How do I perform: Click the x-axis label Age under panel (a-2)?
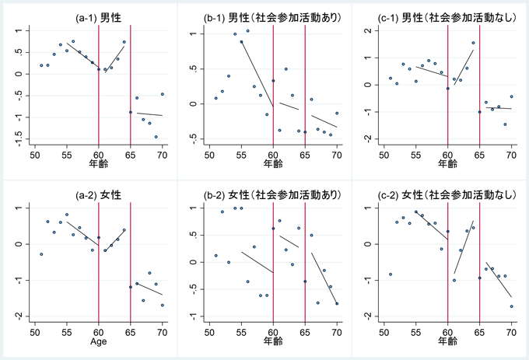point(99,341)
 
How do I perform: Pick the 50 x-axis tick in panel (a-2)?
point(34,330)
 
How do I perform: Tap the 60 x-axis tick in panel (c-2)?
point(448,330)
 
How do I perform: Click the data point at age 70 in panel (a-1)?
point(163,94)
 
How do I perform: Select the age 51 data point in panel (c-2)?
point(391,274)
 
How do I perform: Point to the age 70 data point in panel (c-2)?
point(512,306)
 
